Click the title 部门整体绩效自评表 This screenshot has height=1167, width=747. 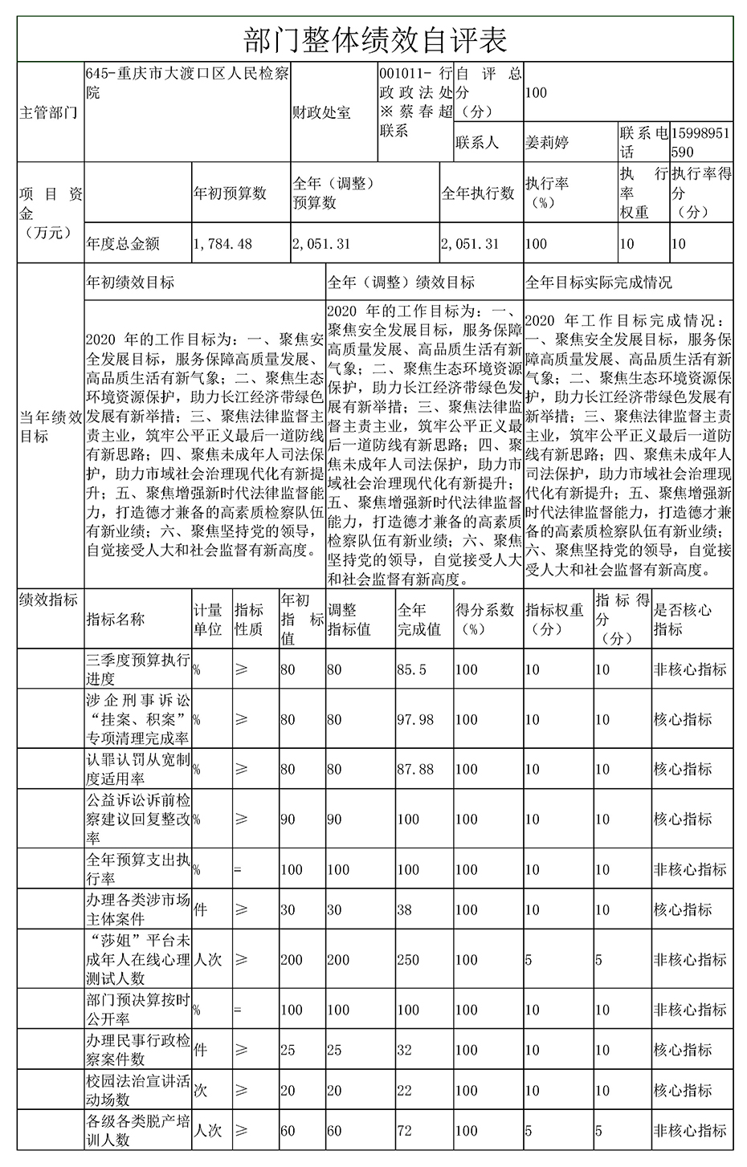pyautogui.click(x=374, y=38)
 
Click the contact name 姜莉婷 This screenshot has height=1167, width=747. pyautogui.click(x=546, y=143)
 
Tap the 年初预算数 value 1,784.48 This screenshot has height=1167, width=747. pyautogui.click(x=222, y=244)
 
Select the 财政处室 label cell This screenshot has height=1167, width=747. pyautogui.click(x=321, y=112)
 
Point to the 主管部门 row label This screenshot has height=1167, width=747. pyautogui.click(x=48, y=112)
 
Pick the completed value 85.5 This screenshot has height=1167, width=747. pyautogui.click(x=412, y=669)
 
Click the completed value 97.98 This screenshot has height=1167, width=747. pyautogui.click(x=415, y=719)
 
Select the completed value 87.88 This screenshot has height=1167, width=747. pyautogui.click(x=415, y=769)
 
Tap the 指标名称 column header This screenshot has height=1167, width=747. pyautogui.click(x=116, y=620)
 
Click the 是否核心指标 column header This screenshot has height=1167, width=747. pyautogui.click(x=683, y=620)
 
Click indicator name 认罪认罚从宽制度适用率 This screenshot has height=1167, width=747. pyautogui.click(x=138, y=769)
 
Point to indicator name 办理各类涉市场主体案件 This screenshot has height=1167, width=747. pyautogui.click(x=138, y=909)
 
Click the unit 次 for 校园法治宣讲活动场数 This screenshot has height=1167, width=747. pyautogui.click(x=200, y=1091)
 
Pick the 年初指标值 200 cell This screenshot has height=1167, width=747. pyautogui.click(x=292, y=959)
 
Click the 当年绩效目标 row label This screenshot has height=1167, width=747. pyautogui.click(x=51, y=426)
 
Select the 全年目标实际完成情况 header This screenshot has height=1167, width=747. pyautogui.click(x=598, y=283)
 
